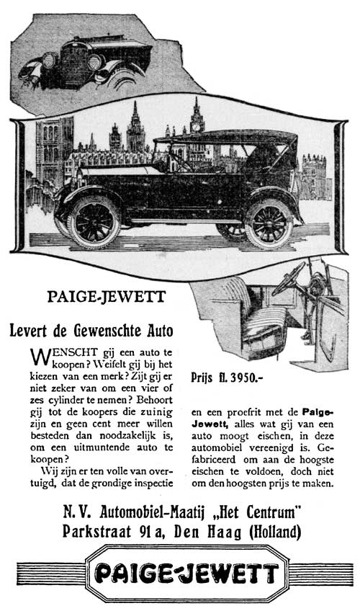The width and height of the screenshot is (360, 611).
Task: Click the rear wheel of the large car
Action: pos(268,223)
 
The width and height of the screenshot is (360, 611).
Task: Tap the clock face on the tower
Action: pos(195,125)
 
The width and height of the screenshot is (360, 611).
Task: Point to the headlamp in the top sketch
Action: pos(50,60)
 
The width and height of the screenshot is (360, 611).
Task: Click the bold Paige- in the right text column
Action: pos(311,414)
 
